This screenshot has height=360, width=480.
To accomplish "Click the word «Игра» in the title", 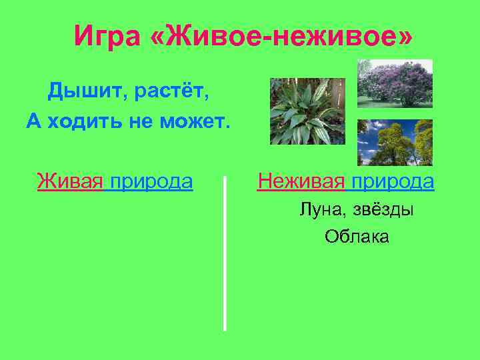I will pyautogui.click(x=107, y=35).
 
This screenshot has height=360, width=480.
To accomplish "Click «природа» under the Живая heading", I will pyautogui.click(x=151, y=182).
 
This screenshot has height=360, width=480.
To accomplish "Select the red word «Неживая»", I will pyautogui.click(x=301, y=181).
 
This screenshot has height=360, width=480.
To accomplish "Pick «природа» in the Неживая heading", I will pyautogui.click(x=393, y=182).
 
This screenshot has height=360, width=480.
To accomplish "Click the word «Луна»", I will pyautogui.click(x=319, y=210).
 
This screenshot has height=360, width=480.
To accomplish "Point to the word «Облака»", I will pyautogui.click(x=357, y=237).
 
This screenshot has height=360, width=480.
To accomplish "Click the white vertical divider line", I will pyautogui.click(x=225, y=253).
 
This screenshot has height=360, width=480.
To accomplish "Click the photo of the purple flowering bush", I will pyautogui.click(x=395, y=83).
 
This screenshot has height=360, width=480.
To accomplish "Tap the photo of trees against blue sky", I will pyautogui.click(x=395, y=143).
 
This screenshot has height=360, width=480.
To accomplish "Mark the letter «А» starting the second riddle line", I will pyautogui.click(x=33, y=121).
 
